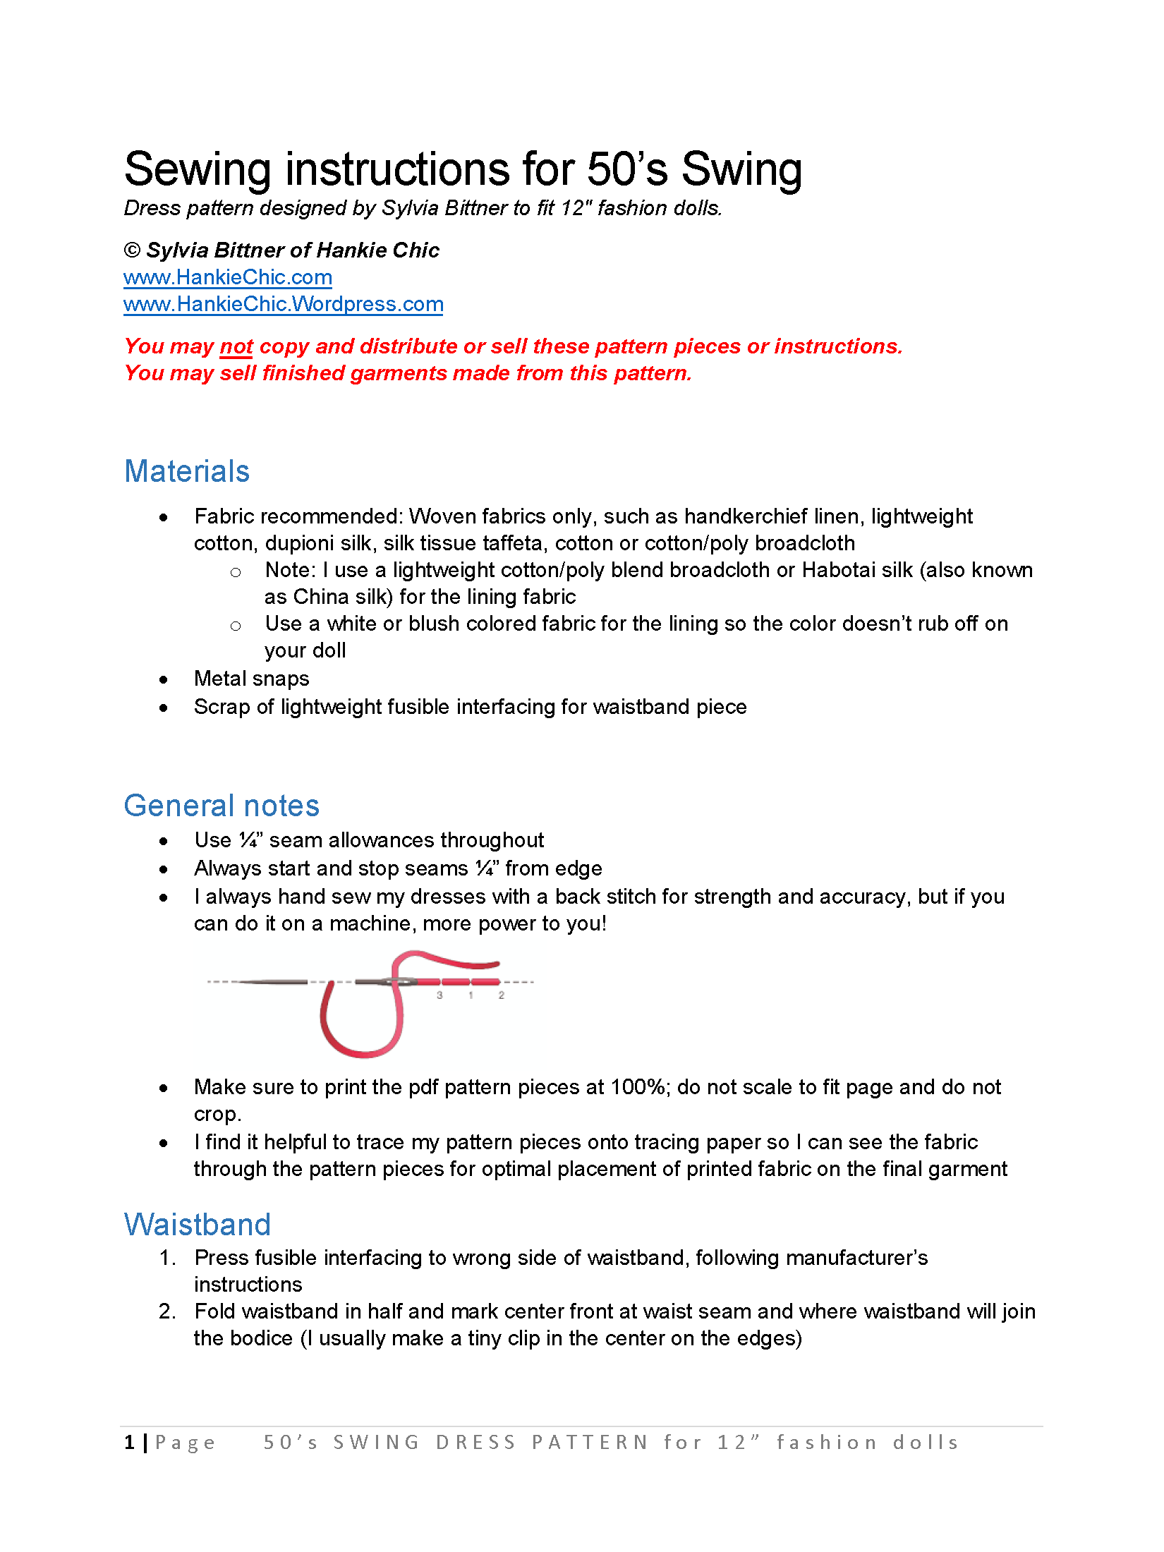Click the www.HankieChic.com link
pyautogui.click(x=227, y=277)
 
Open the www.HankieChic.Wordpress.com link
pyautogui.click(x=283, y=304)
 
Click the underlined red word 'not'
pyautogui.click(x=236, y=346)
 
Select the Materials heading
pyautogui.click(x=187, y=471)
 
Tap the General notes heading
pyautogui.click(x=222, y=806)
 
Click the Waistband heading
pyautogui.click(x=198, y=1225)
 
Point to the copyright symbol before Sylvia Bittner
pyautogui.click(x=132, y=250)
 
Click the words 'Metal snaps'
pyautogui.click(x=252, y=679)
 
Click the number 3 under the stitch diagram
pyautogui.click(x=439, y=995)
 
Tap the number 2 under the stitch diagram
pyautogui.click(x=502, y=995)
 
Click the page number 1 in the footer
pyautogui.click(x=130, y=1443)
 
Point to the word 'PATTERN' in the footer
pyautogui.click(x=590, y=1443)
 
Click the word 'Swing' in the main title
pyautogui.click(x=741, y=170)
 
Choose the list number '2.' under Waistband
pyautogui.click(x=168, y=1311)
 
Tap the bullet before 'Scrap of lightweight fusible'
pyautogui.click(x=164, y=708)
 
